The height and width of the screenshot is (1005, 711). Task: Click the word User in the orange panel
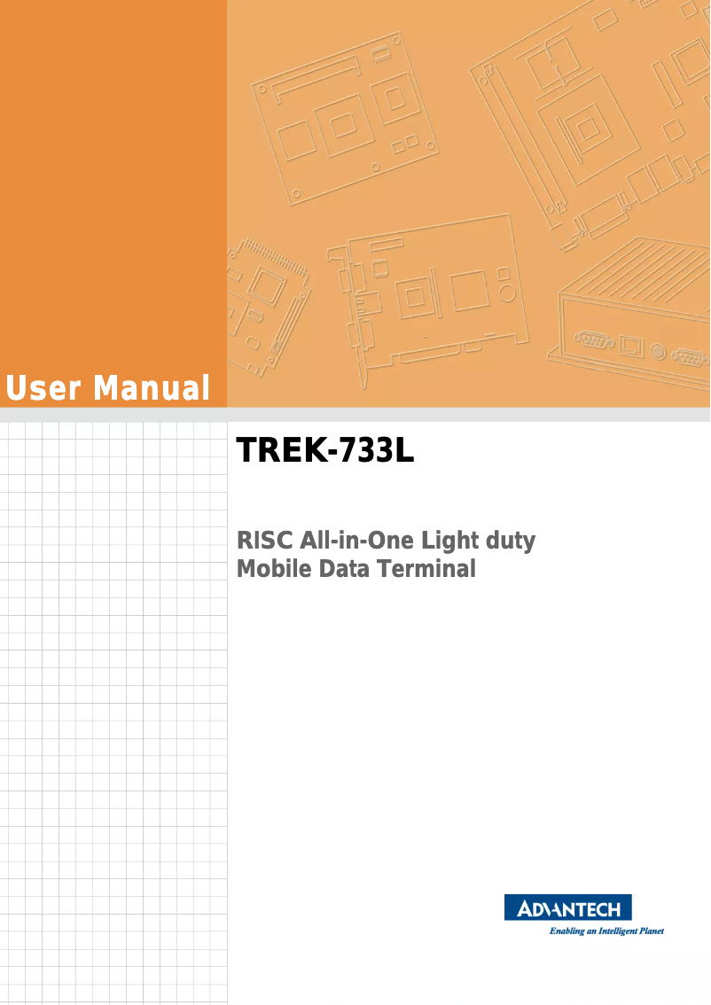coord(44,388)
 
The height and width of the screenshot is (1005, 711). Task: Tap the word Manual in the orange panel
coord(152,388)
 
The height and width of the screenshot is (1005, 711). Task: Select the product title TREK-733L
coord(325,451)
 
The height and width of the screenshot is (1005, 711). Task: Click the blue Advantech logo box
coord(568,908)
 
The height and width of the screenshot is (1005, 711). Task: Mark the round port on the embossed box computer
coord(657,350)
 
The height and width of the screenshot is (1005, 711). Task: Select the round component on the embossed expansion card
coord(505,291)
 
